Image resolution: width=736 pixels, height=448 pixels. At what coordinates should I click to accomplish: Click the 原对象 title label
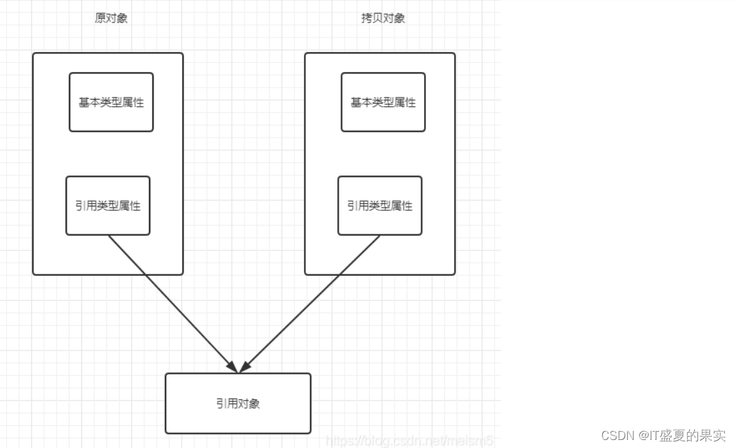click(111, 19)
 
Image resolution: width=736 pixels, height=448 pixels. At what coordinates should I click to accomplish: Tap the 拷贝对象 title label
click(383, 19)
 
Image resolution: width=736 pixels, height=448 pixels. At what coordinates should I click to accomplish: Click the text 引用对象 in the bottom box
click(238, 403)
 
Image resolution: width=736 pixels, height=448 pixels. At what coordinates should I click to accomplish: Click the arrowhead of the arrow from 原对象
click(232, 367)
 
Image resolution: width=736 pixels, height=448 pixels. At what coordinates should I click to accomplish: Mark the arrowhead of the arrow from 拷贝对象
click(245, 367)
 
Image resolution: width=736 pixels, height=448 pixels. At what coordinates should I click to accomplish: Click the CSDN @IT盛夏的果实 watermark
click(663, 435)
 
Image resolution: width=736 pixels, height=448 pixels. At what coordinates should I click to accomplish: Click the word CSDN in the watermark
click(617, 435)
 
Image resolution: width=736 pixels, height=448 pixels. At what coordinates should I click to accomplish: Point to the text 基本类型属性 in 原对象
click(111, 103)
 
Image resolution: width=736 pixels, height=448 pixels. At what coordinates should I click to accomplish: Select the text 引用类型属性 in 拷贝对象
click(379, 206)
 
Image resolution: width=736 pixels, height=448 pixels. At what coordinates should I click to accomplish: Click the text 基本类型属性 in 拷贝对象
click(383, 103)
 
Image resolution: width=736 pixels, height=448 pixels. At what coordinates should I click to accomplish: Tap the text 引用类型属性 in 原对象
click(108, 206)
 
